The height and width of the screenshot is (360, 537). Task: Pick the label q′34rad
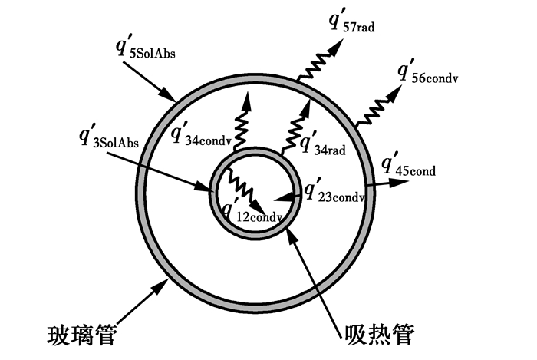coord(323,141)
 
